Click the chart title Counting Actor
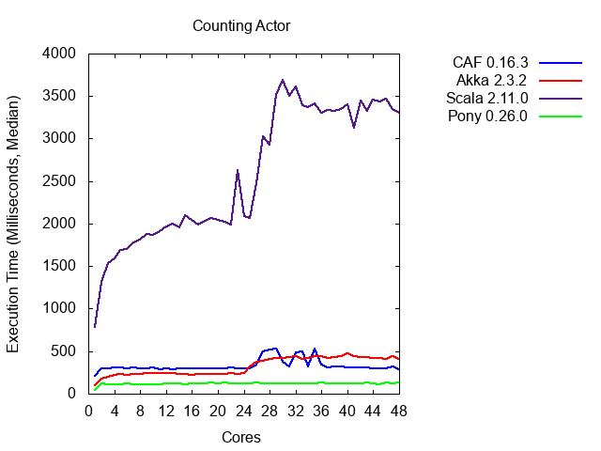tap(241, 25)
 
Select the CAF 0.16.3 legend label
tap(489, 63)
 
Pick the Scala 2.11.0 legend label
tap(485, 99)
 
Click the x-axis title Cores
tap(241, 437)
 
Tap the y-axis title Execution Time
tap(14, 224)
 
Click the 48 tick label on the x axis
tap(398, 411)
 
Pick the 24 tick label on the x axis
tap(243, 411)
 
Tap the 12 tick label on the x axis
tap(166, 411)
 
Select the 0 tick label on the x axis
tap(88, 411)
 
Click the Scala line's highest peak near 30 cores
tap(283, 80)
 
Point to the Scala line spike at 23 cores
tap(238, 170)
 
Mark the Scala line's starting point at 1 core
tap(95, 327)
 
